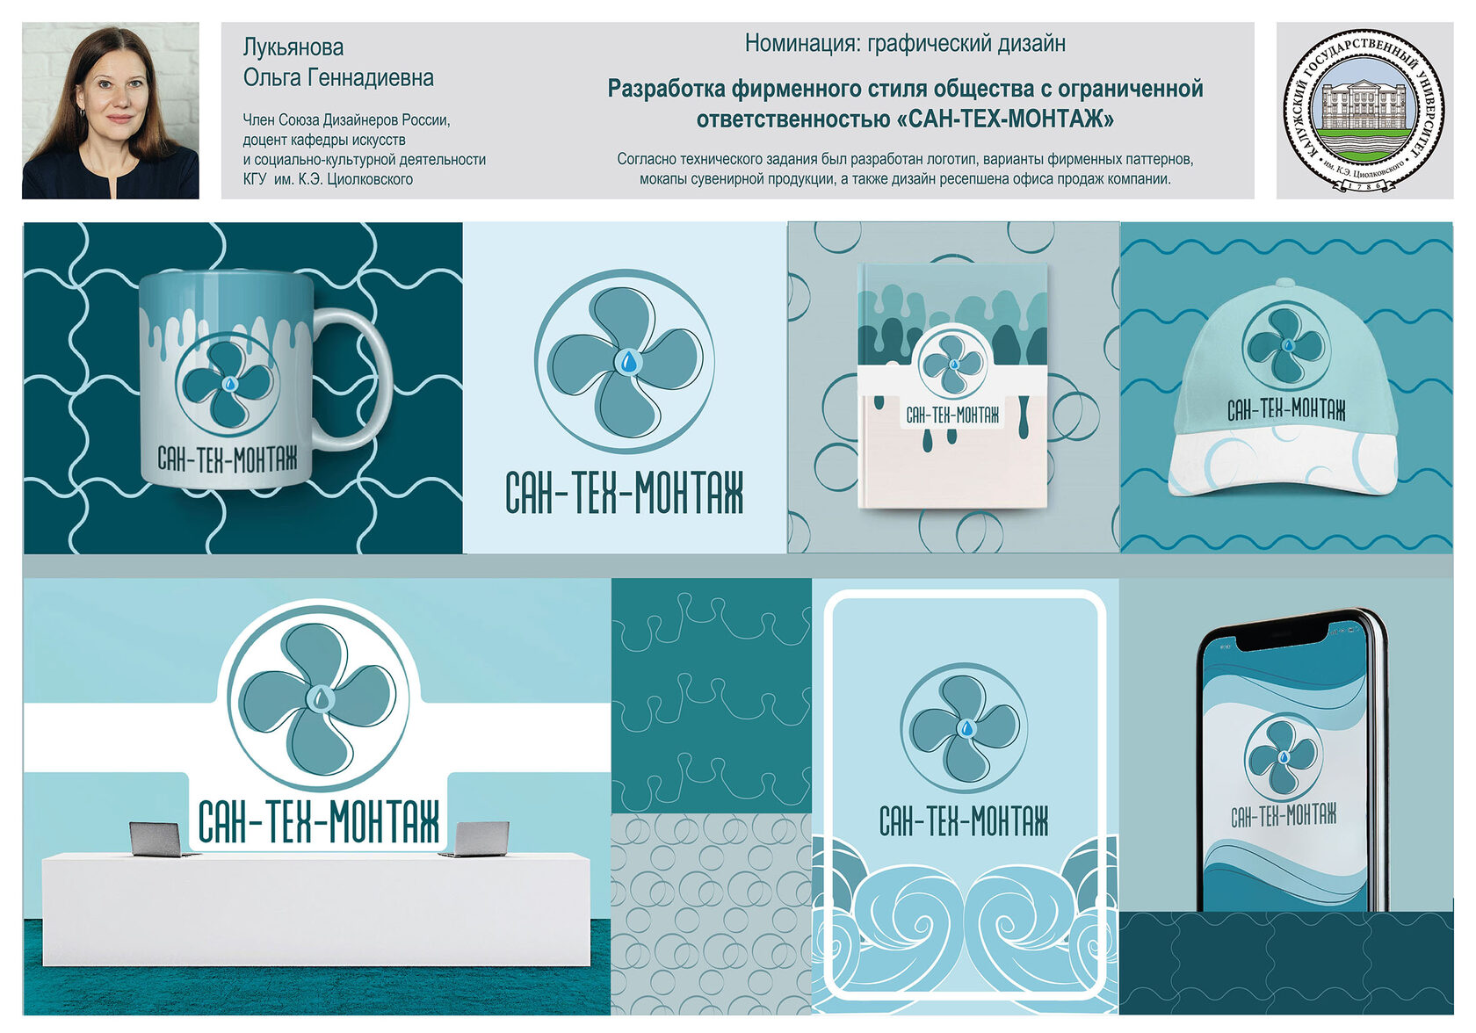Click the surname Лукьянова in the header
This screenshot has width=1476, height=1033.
(x=293, y=47)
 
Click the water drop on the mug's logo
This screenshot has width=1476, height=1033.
(x=229, y=384)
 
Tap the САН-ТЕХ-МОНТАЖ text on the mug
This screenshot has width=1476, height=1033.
(x=228, y=459)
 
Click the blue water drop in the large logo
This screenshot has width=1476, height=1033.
(x=629, y=361)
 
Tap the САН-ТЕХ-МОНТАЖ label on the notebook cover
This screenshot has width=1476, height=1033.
(x=952, y=415)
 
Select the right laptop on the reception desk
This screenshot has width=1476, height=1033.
(x=478, y=839)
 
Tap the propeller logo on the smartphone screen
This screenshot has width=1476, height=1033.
(x=1283, y=757)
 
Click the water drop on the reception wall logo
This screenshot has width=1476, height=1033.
(x=320, y=698)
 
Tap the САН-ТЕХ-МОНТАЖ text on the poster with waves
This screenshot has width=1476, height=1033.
(x=963, y=821)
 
